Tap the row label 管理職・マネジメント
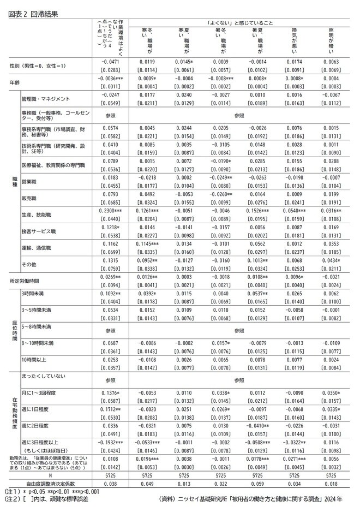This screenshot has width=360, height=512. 46,99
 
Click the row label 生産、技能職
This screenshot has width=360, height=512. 36,210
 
